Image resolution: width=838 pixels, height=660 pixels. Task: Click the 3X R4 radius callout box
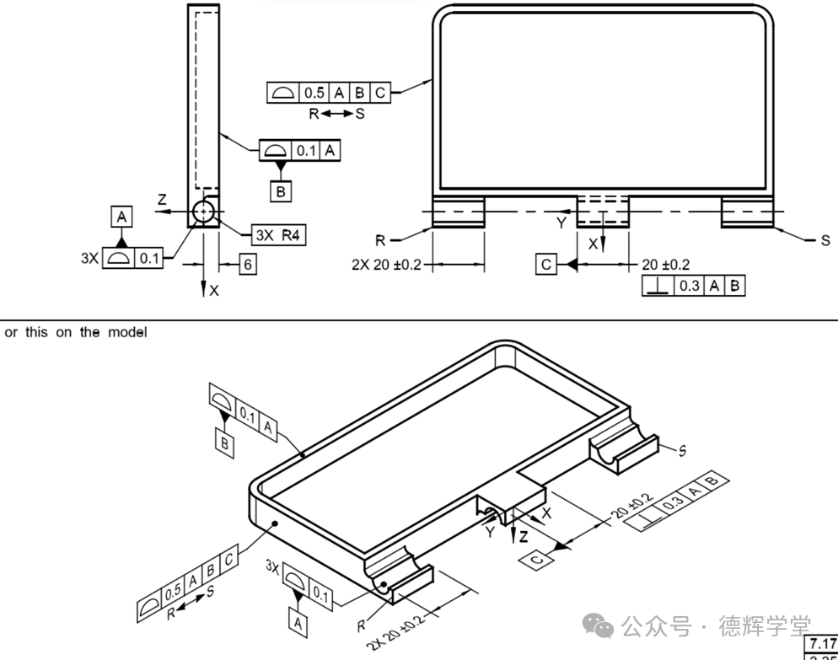tap(279, 235)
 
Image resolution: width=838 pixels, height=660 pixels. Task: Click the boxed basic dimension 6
tap(247, 265)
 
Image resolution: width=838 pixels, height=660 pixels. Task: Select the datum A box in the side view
tap(122, 217)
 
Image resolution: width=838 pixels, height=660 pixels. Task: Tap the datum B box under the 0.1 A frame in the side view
tap(282, 191)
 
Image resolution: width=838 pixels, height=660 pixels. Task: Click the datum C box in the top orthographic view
tap(546, 265)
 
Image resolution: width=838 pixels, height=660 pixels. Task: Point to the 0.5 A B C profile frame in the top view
tap(330, 93)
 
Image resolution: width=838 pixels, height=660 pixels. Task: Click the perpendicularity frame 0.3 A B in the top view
tap(693, 286)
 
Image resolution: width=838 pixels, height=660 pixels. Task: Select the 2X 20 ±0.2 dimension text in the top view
tap(387, 265)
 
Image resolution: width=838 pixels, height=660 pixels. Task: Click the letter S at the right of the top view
tap(825, 241)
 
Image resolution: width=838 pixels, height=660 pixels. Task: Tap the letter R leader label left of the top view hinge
tap(381, 239)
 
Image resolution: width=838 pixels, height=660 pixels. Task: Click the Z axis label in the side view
tap(162, 200)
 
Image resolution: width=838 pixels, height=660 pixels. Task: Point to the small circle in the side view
tap(203, 212)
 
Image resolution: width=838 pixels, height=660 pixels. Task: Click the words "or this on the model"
tap(76, 332)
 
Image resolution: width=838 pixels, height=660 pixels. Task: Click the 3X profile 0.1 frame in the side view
tap(132, 259)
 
